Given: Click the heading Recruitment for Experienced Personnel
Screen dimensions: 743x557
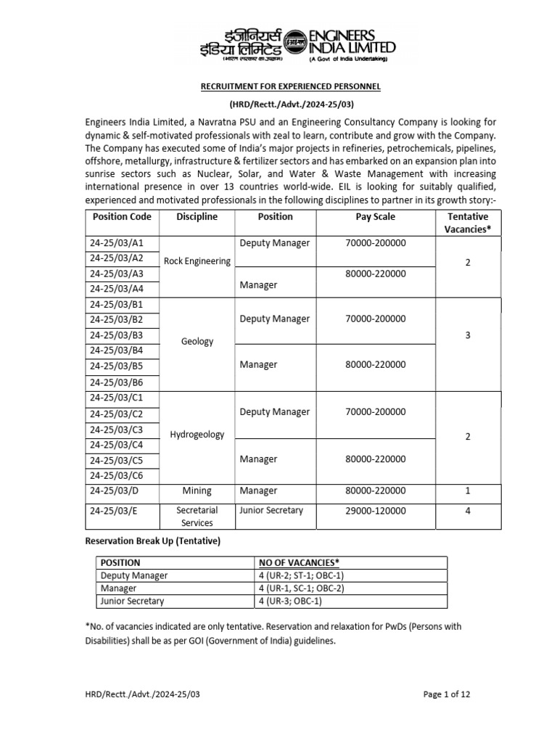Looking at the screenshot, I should pyautogui.click(x=290, y=87).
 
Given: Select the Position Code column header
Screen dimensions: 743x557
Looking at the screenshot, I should pyautogui.click(x=122, y=217).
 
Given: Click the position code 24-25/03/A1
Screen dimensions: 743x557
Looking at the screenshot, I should pyautogui.click(x=116, y=243).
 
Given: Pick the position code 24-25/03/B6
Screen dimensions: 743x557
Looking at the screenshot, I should pyautogui.click(x=116, y=382).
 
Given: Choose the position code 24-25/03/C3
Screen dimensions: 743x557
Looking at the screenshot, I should pyautogui.click(x=116, y=429).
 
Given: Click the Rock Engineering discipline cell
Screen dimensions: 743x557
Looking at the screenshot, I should pyautogui.click(x=197, y=261).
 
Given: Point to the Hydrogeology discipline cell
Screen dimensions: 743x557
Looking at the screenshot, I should pyautogui.click(x=197, y=435).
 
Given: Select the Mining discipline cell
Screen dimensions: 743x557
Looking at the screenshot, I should pyautogui.click(x=197, y=491).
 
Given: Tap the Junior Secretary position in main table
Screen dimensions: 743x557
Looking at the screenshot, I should pyautogui.click(x=271, y=511).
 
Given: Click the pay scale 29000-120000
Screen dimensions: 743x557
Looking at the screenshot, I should pyautogui.click(x=376, y=511).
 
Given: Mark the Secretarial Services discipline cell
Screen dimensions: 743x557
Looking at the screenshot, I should pyautogui.click(x=197, y=517).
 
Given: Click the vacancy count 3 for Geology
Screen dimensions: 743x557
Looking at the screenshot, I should pyautogui.click(x=468, y=335).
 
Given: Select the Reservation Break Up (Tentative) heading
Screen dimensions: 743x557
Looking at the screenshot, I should pyautogui.click(x=152, y=542).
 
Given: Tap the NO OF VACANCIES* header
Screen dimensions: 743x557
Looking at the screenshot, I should pyautogui.click(x=300, y=562).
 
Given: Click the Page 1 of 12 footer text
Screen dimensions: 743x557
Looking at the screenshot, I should pyautogui.click(x=447, y=694).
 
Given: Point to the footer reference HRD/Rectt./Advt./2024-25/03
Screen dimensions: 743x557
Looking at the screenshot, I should pyautogui.click(x=142, y=694).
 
